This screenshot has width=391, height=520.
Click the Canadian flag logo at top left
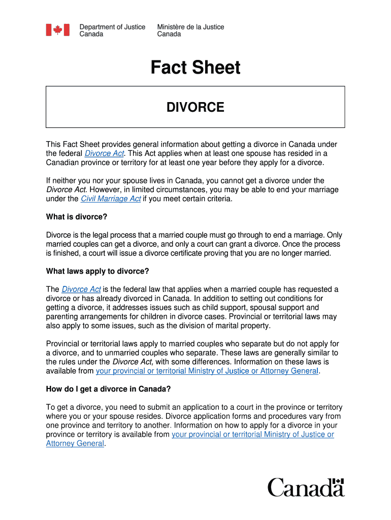[x=54, y=30]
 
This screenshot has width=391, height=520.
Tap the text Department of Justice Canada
[x=112, y=30]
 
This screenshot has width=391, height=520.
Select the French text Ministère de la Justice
[x=190, y=27]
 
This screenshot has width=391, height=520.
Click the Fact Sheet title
[x=195, y=68]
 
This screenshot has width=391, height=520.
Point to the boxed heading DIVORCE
[x=195, y=107]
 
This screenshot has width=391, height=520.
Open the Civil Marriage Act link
[x=111, y=199]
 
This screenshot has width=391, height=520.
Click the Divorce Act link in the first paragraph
[x=104, y=153]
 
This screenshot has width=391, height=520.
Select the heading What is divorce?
[x=77, y=217]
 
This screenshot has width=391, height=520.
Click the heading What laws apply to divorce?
[x=97, y=271]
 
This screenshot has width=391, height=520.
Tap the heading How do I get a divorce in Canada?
[x=108, y=389]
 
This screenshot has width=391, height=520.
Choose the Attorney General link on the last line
[x=75, y=443]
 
